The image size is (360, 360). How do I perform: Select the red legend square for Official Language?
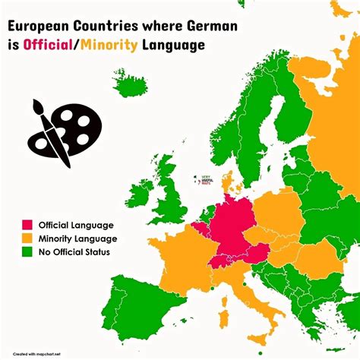pos(27,225)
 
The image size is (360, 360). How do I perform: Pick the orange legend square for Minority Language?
pos(27,238)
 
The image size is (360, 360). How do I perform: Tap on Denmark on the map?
pos(227,182)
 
